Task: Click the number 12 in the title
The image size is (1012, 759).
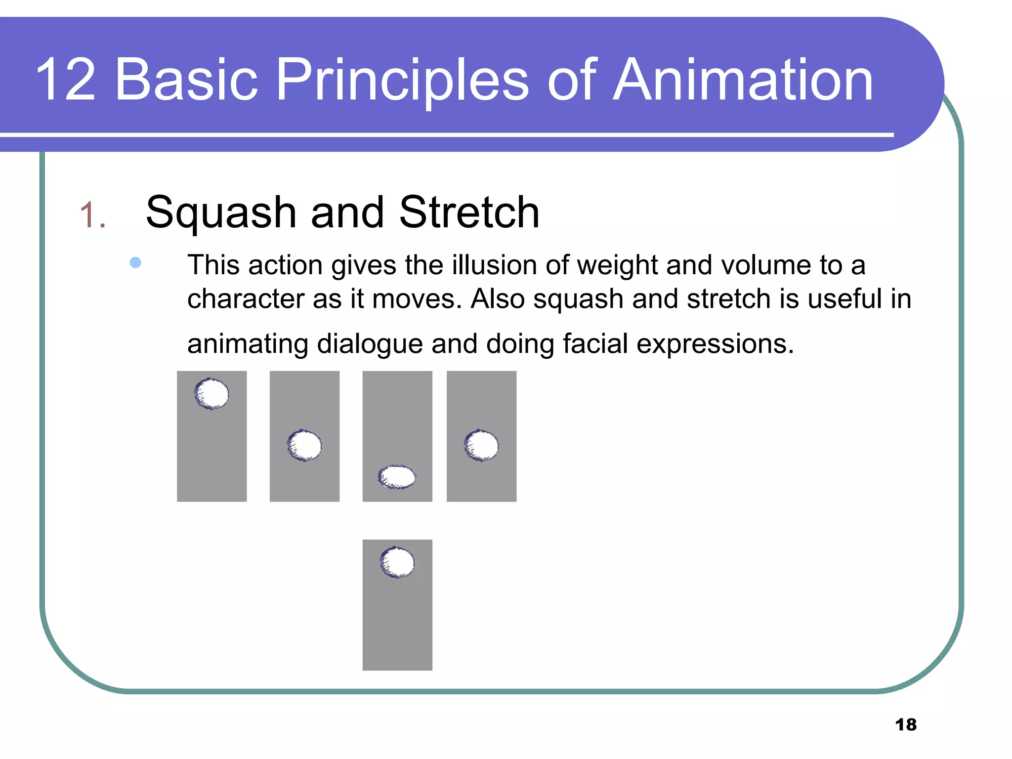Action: tap(65, 80)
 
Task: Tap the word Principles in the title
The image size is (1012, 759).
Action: tap(402, 80)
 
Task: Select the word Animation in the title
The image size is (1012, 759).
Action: tap(743, 80)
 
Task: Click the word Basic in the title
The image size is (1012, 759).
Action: tap(186, 80)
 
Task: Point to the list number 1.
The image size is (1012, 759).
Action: tap(92, 215)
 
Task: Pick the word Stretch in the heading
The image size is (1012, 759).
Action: tap(469, 212)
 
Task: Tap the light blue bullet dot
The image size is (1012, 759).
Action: tap(135, 262)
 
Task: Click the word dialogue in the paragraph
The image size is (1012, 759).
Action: tap(370, 344)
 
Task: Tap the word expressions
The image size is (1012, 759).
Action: tap(715, 344)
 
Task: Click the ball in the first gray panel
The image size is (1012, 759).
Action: tap(212, 394)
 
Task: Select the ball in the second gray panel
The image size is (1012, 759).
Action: tap(304, 446)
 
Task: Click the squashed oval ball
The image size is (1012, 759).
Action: tap(397, 477)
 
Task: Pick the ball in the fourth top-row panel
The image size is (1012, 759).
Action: tap(481, 445)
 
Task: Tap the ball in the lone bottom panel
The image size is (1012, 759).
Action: tap(397, 562)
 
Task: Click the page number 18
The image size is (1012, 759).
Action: tap(906, 724)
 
